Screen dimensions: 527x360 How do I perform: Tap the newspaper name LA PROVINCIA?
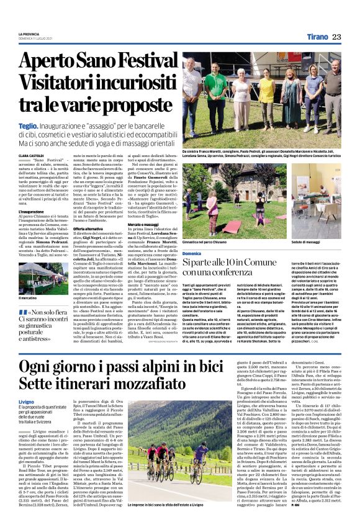point(29,34)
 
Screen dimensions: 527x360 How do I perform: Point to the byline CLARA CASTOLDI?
point(32,155)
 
